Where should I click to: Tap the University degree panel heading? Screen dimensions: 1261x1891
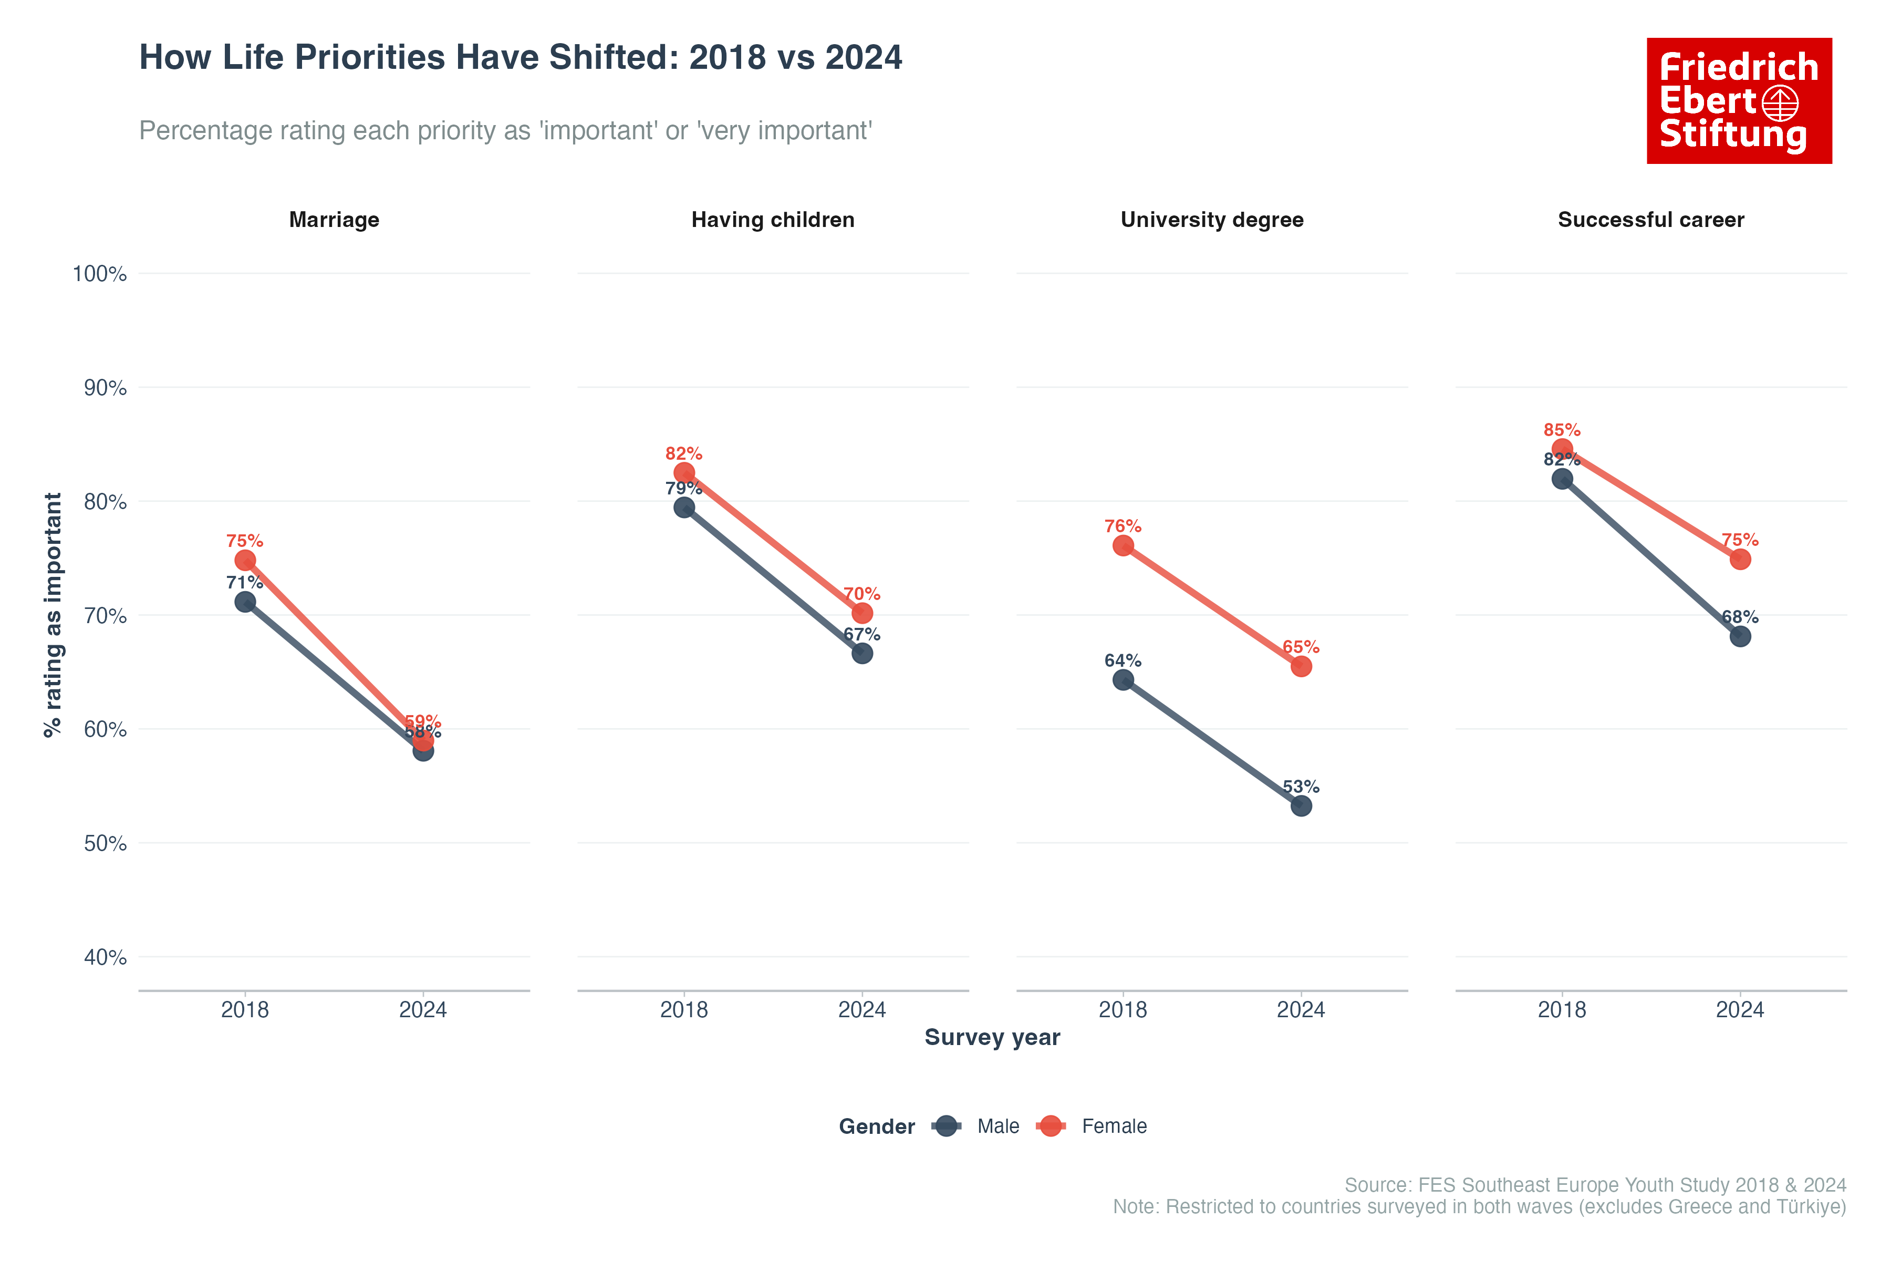(1212, 220)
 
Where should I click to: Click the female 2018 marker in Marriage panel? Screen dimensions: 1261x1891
(245, 561)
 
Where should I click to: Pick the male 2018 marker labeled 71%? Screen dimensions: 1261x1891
(245, 602)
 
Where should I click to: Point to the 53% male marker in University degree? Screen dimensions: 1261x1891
(1301, 806)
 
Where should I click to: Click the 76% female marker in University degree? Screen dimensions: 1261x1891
(1123, 546)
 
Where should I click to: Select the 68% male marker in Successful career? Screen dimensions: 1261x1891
(1740, 637)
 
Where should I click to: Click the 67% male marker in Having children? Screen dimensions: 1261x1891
(862, 653)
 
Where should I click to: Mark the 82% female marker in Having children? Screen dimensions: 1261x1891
(684, 473)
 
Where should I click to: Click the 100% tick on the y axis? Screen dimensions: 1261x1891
(100, 274)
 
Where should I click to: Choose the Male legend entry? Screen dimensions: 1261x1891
(997, 1126)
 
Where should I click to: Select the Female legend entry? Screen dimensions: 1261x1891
(1114, 1126)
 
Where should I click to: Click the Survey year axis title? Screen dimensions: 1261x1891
(992, 1037)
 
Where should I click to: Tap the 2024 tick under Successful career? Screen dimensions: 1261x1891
(1740, 1010)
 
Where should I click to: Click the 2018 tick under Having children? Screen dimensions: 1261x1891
(684, 1010)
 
